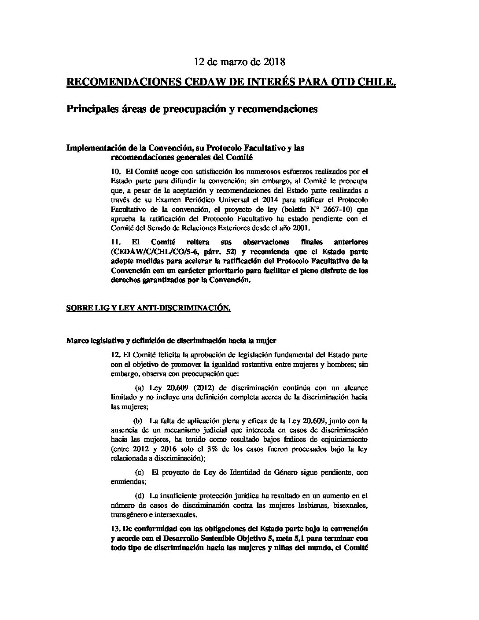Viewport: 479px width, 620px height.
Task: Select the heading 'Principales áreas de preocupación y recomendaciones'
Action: click(x=192, y=109)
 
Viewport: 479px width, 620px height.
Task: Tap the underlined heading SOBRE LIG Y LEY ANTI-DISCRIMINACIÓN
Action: click(x=148, y=309)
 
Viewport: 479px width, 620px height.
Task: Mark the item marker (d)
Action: click(x=140, y=496)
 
